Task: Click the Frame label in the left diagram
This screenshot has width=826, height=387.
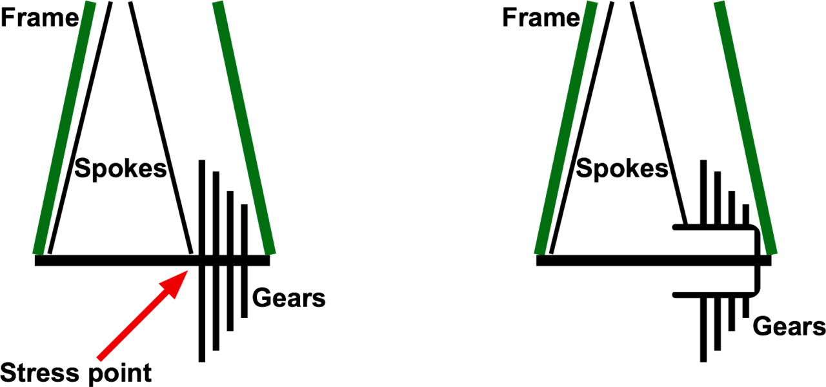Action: tap(40, 17)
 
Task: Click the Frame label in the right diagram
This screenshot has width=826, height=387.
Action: tap(541, 17)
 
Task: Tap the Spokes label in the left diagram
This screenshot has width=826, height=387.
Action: tap(121, 169)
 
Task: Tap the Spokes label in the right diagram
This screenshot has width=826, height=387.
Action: tap(622, 169)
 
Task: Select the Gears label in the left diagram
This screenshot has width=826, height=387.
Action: tap(288, 298)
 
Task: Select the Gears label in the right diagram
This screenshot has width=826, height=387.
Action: tap(789, 326)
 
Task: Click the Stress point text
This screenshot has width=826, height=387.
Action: tap(76, 373)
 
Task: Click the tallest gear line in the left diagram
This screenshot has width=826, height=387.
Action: tap(202, 261)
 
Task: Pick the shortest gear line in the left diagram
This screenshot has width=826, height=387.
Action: tap(244, 261)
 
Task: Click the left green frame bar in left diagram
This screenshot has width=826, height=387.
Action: tap(64, 128)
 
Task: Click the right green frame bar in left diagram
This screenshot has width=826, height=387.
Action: tap(244, 128)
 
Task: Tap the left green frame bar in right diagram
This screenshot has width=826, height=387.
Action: tap(566, 128)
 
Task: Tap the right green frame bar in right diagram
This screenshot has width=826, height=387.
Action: tap(745, 128)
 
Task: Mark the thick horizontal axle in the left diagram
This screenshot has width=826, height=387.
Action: tap(152, 261)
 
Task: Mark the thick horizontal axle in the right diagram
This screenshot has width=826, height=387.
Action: tap(654, 261)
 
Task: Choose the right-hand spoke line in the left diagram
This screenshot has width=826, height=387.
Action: tap(161, 128)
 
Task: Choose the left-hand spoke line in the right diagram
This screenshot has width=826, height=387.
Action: tap(581, 128)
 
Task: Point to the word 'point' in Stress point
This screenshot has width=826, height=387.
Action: tap(120, 373)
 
